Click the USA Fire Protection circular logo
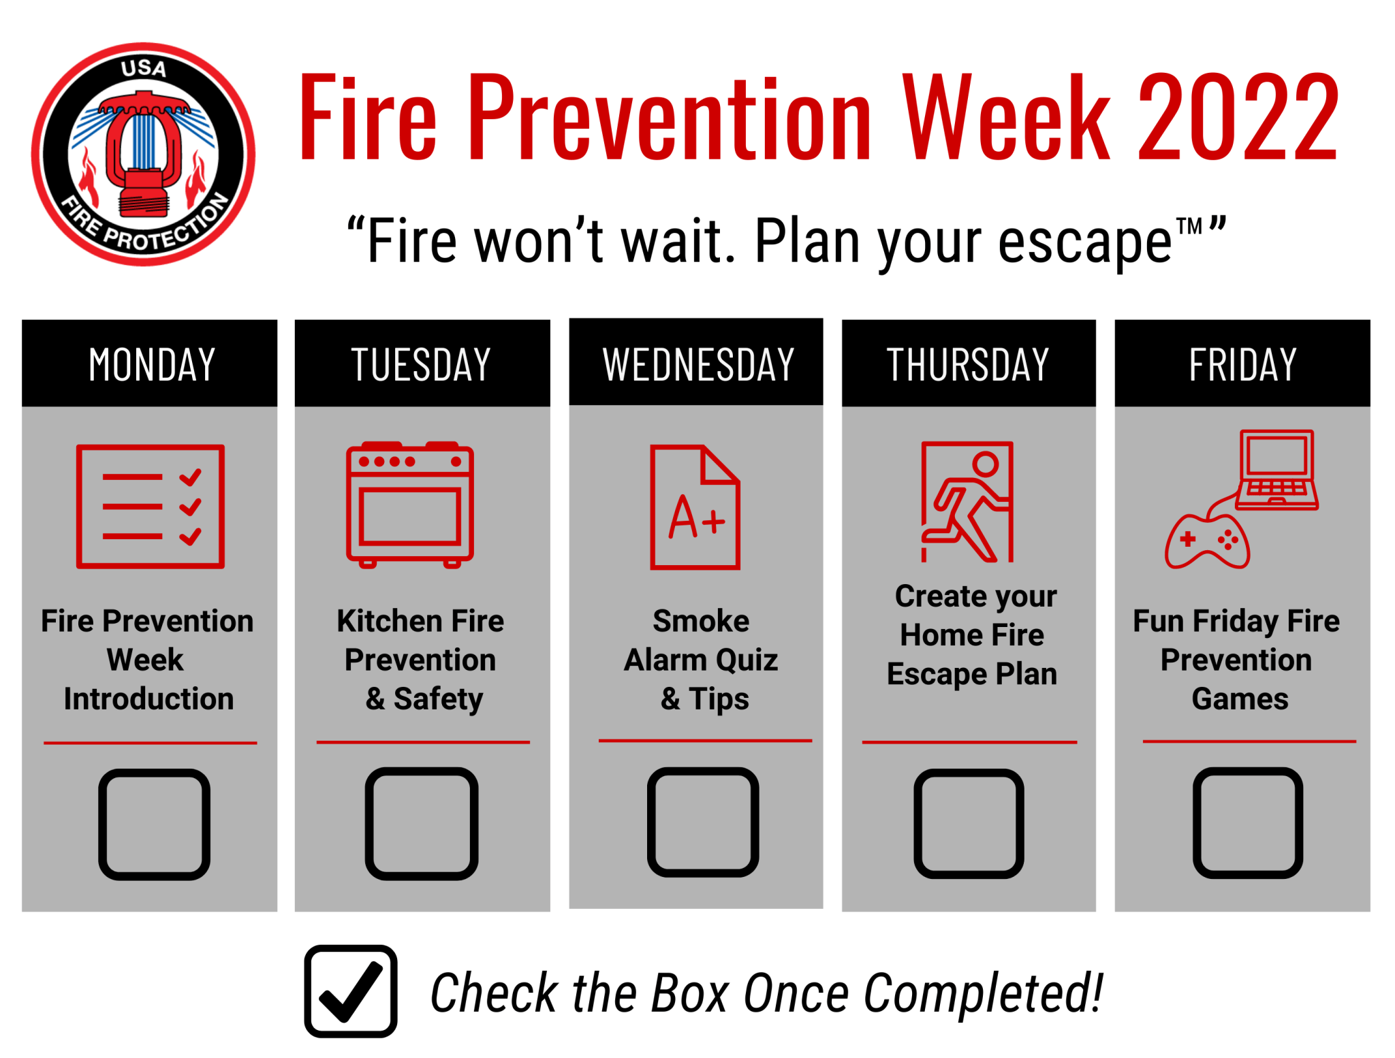click(x=143, y=155)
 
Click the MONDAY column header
click(x=150, y=363)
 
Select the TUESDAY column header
click(x=422, y=363)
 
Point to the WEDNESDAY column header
click(x=696, y=362)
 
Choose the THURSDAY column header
click(x=969, y=363)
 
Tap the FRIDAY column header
click(x=1242, y=363)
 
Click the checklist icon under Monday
click(x=151, y=506)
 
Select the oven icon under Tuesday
click(x=410, y=504)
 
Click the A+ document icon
click(x=695, y=507)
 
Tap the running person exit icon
click(x=967, y=502)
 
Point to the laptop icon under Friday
click(x=1277, y=470)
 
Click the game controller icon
click(x=1207, y=541)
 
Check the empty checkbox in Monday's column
click(x=155, y=824)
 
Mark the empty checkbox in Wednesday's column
click(x=703, y=822)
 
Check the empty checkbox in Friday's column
click(x=1248, y=822)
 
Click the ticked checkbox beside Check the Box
click(x=351, y=991)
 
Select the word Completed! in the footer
click(x=984, y=993)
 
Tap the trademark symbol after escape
click(x=1189, y=226)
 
